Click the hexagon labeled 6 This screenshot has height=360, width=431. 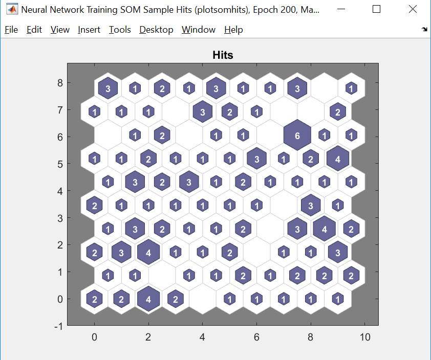pyautogui.click(x=297, y=136)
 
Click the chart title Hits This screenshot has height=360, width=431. pyautogui.click(x=223, y=55)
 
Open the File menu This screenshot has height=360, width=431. pyautogui.click(x=11, y=30)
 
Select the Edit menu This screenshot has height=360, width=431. pyautogui.click(x=34, y=30)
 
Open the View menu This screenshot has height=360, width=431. pyautogui.click(x=60, y=30)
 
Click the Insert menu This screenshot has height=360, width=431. pyautogui.click(x=89, y=30)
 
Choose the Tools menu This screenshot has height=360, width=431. pyautogui.click(x=120, y=30)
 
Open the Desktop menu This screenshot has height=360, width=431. pyautogui.click(x=156, y=30)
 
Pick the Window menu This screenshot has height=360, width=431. pyautogui.click(x=199, y=30)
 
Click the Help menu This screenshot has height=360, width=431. pyautogui.click(x=233, y=30)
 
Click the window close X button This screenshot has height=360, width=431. pyautogui.click(x=413, y=9)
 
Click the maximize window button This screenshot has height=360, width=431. pyautogui.click(x=377, y=9)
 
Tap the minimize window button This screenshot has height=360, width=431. pyautogui.click(x=341, y=9)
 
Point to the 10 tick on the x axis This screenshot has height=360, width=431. pyautogui.click(x=364, y=337)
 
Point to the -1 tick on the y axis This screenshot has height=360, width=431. pyautogui.click(x=58, y=326)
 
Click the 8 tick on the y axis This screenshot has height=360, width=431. pyautogui.click(x=60, y=83)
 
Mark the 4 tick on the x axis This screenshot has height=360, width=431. pyautogui.click(x=202, y=337)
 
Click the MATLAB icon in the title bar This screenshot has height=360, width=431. pyautogui.click(x=11, y=10)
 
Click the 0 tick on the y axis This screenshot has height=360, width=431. pyautogui.click(x=60, y=299)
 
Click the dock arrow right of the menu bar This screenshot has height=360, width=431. pyautogui.click(x=424, y=30)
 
